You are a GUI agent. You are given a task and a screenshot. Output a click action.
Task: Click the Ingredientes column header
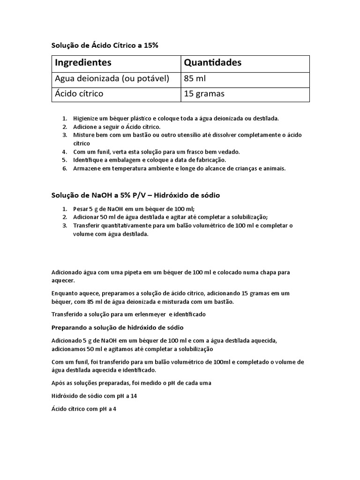coord(83,62)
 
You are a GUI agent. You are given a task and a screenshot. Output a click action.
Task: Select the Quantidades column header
coord(212,62)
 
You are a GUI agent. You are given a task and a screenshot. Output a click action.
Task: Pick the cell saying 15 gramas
coord(204,94)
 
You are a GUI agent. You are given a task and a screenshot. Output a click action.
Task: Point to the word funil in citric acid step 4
coord(99,152)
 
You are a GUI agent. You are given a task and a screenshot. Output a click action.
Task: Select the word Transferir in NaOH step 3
coord(88,226)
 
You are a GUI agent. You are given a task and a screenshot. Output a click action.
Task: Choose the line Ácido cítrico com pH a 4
coord(83,409)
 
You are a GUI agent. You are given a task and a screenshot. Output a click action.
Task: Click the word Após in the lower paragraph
coord(58,382)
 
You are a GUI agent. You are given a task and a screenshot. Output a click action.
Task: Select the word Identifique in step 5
coord(89,160)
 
